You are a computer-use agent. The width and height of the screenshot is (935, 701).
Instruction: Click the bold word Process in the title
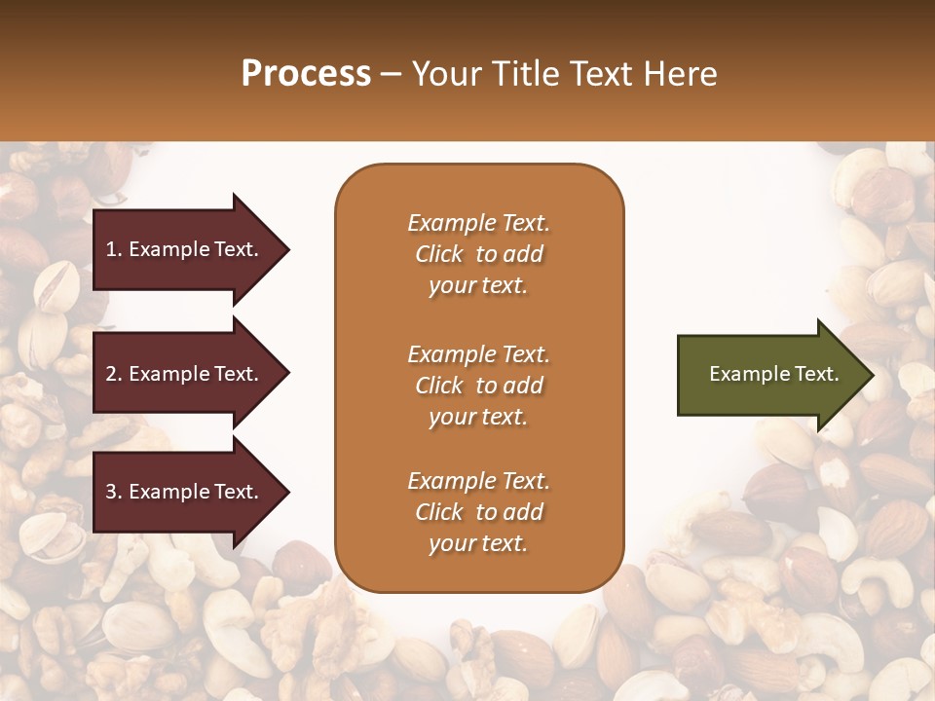[x=306, y=74]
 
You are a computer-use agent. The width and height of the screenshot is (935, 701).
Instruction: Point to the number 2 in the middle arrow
[x=112, y=374]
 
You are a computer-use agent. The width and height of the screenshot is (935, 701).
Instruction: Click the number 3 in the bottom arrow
[x=112, y=492]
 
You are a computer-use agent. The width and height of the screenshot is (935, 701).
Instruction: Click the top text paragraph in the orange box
[x=478, y=254]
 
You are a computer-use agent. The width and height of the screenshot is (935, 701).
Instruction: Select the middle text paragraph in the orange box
[x=478, y=386]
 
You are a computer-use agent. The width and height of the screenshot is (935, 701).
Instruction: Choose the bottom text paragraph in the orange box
[x=478, y=512]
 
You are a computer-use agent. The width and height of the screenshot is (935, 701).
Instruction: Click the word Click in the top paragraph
[x=438, y=254]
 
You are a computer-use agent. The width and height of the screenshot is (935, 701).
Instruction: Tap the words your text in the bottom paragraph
[x=478, y=543]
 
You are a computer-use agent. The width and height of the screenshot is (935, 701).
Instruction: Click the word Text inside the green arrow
[x=818, y=374]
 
